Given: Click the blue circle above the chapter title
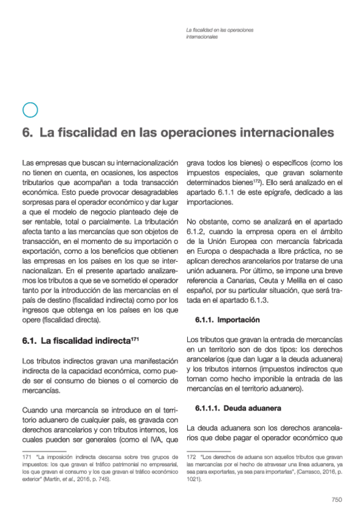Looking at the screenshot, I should click(30, 110).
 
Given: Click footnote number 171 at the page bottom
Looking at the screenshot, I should click(26, 456).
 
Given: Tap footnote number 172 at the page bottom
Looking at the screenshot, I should click(191, 456).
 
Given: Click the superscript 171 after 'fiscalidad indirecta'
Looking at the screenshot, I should click(135, 337).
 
